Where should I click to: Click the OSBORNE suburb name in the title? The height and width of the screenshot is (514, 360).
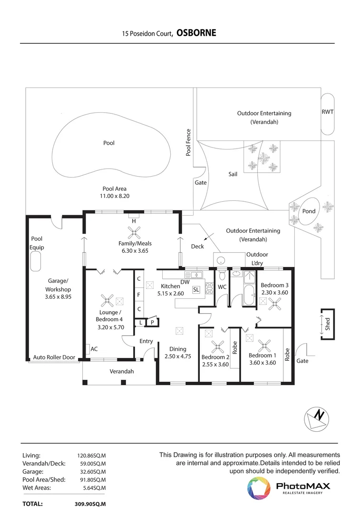coord(196,33)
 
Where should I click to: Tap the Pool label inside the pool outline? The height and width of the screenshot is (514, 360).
coord(109,143)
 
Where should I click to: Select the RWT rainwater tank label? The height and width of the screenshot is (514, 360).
coord(327,112)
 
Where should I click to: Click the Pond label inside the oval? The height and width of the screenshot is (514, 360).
coord(309,211)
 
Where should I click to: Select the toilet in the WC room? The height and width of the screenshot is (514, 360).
coord(222,276)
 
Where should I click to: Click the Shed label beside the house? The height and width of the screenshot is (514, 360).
coord(328,325)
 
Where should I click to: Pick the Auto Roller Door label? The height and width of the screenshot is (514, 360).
coord(54,357)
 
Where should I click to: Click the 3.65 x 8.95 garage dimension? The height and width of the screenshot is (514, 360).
coord(58,297)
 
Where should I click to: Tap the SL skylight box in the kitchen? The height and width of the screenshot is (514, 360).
coord(196,289)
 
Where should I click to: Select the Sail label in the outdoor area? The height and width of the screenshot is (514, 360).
coord(233,175)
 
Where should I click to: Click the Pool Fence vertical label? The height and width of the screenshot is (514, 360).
coord(188,142)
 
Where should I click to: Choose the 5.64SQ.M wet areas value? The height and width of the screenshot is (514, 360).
coord(94,487)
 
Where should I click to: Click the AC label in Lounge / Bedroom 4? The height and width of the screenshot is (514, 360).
coord(94,349)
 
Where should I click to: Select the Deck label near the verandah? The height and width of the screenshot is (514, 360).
coord(197,247)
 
